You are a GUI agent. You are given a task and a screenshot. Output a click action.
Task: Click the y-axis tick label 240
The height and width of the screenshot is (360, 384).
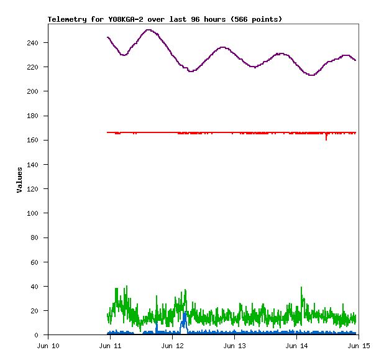click(x=38, y=43)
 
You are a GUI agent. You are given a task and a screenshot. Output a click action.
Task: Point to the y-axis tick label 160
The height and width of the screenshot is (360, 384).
click(x=38, y=141)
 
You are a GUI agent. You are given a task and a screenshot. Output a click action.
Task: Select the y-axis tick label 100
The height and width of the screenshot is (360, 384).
click(x=38, y=213)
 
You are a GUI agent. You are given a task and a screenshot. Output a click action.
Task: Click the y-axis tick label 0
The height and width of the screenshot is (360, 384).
click(x=42, y=335)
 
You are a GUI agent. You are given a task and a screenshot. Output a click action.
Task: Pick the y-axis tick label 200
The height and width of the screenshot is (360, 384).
click(x=38, y=91)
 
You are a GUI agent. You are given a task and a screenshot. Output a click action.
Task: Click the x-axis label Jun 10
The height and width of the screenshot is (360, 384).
click(x=48, y=345)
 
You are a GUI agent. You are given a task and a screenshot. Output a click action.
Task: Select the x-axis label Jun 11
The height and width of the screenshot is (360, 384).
click(x=111, y=345)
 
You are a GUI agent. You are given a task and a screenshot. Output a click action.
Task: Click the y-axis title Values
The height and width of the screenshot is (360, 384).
click(x=19, y=180)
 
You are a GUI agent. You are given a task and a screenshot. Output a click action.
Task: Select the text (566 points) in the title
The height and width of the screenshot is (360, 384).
click(x=256, y=19)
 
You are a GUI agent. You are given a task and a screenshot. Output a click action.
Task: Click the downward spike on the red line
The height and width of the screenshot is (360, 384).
click(x=326, y=139)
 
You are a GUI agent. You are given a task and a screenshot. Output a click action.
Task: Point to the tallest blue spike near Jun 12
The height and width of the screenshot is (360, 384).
click(x=184, y=313)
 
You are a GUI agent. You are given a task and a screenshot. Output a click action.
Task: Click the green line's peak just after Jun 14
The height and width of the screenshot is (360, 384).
click(x=301, y=288)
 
